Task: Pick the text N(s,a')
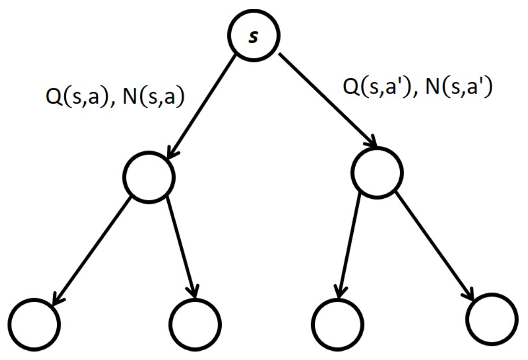point(458,87)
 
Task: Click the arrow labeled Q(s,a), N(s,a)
point(202,108)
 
